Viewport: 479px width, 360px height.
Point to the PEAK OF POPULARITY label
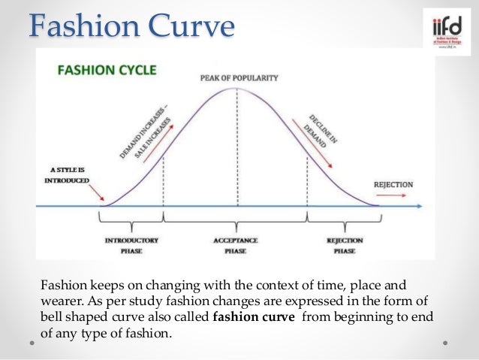coord(239,77)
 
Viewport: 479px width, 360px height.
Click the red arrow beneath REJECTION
coord(390,195)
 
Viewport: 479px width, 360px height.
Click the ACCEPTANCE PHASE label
coord(236,245)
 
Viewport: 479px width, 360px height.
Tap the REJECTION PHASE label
coord(345,245)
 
